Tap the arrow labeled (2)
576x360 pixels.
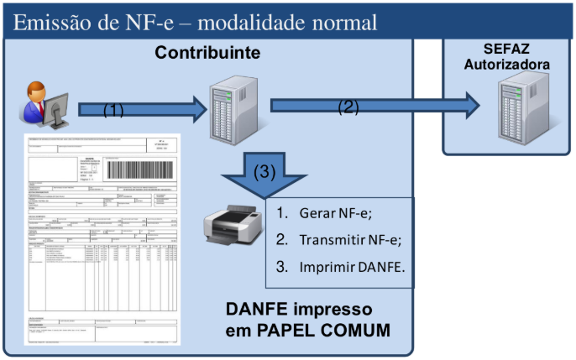(x=374, y=106)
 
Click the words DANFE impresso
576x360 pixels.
(x=308, y=309)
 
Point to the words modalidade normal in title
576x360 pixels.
(x=286, y=22)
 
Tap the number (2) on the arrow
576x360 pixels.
(x=348, y=107)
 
